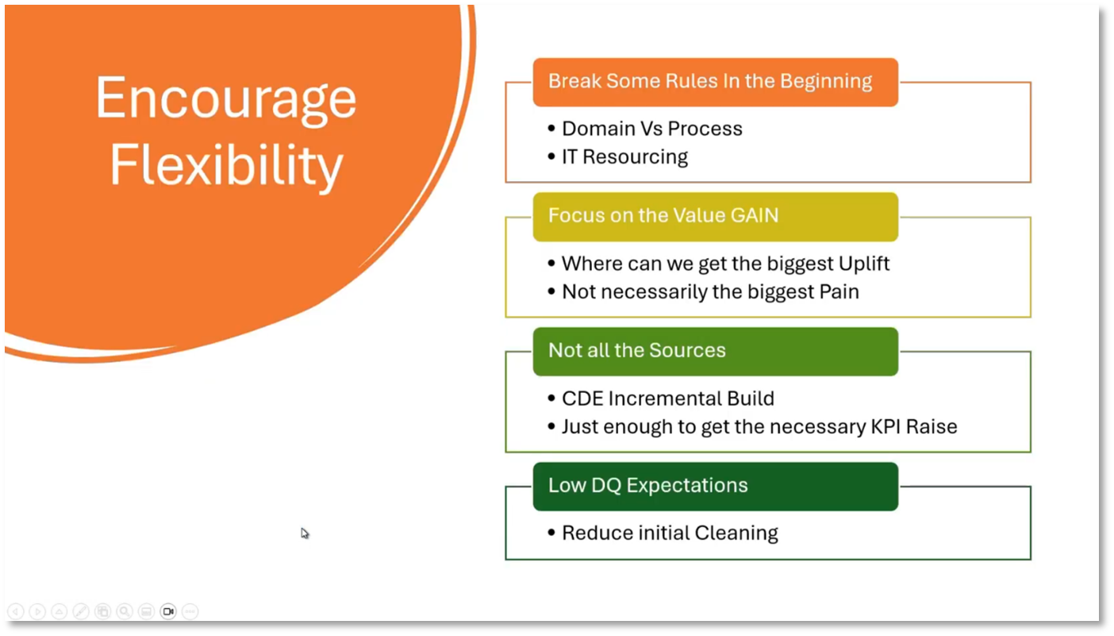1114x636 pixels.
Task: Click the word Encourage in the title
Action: point(226,98)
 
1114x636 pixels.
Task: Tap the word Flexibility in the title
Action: point(226,165)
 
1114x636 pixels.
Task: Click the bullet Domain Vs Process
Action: point(651,129)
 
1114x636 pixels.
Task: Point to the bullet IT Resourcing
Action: point(624,156)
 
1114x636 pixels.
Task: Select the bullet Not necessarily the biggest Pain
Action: point(710,291)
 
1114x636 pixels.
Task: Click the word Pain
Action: point(839,291)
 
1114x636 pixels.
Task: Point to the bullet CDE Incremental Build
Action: point(667,399)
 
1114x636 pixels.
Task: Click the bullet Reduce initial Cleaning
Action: point(670,533)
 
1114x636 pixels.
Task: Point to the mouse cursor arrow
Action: point(305,533)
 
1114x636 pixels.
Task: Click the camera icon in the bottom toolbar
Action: point(167,611)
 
